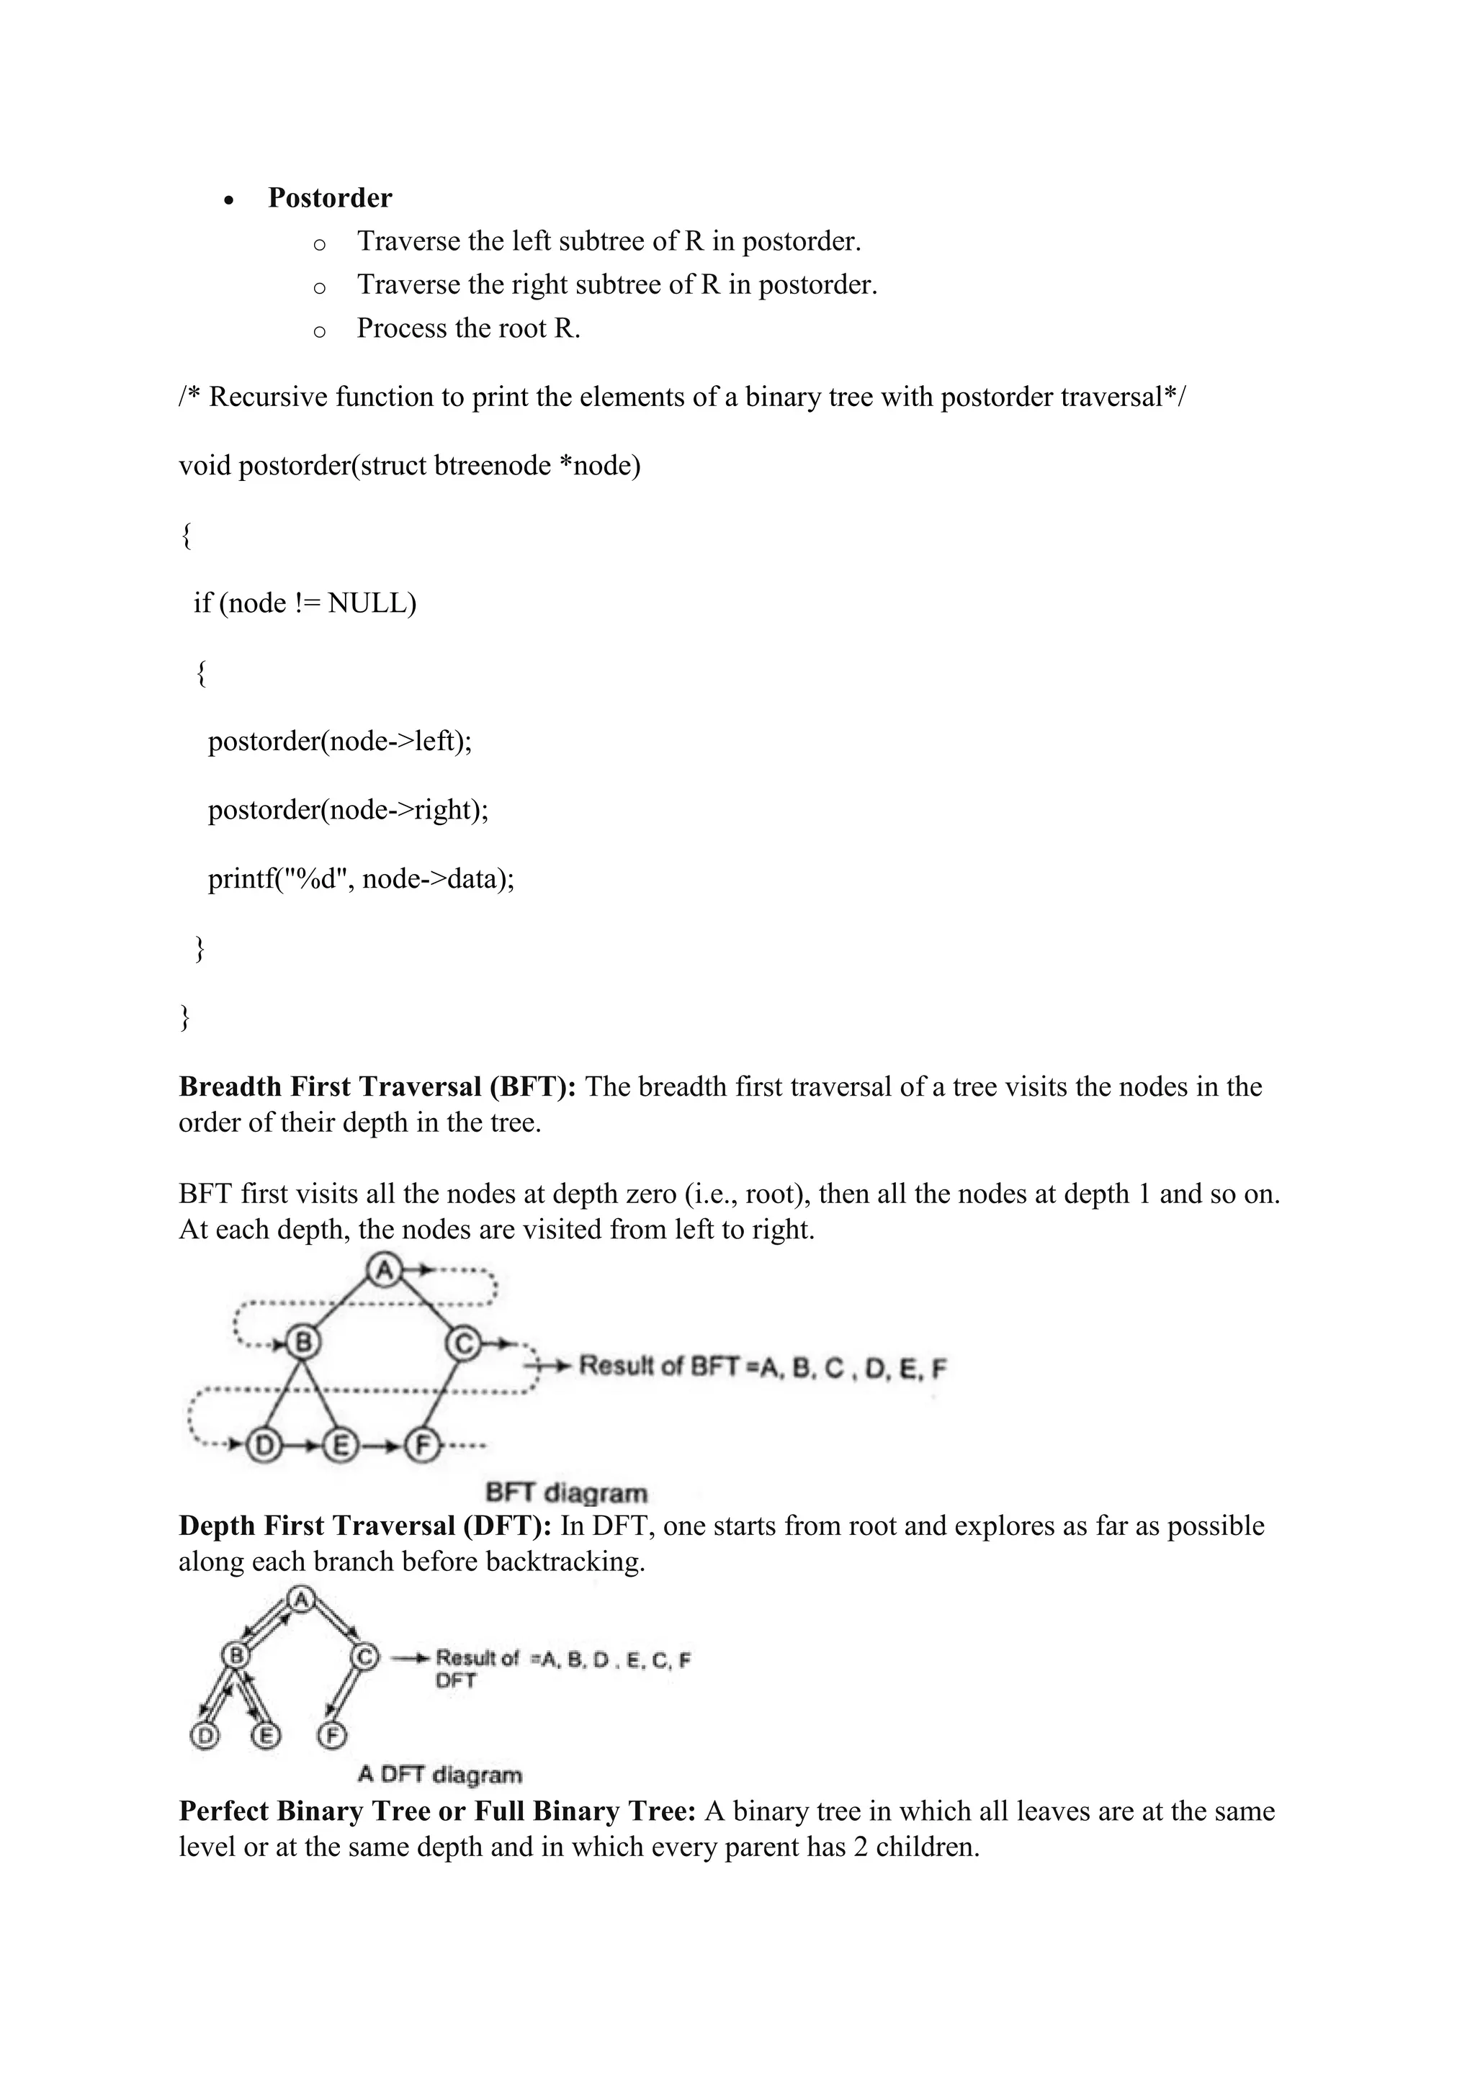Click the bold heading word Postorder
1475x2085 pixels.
pyautogui.click(x=330, y=198)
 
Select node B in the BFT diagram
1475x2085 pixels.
pyautogui.click(x=302, y=1342)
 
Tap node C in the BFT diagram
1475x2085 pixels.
pyautogui.click(x=463, y=1342)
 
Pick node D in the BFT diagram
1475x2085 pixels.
pyautogui.click(x=264, y=1445)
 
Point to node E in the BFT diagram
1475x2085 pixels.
pyautogui.click(x=341, y=1445)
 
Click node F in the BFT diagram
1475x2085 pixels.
pyautogui.click(x=421, y=1445)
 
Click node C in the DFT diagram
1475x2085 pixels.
pyautogui.click(x=365, y=1657)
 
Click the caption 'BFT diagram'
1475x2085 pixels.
pyautogui.click(x=567, y=1493)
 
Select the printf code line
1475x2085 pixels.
pyautogui.click(x=361, y=879)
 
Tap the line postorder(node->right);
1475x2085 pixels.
pyautogui.click(x=348, y=810)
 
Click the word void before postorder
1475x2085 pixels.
pyautogui.click(x=205, y=466)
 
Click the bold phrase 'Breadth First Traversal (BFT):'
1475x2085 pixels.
pyautogui.click(x=377, y=1087)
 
